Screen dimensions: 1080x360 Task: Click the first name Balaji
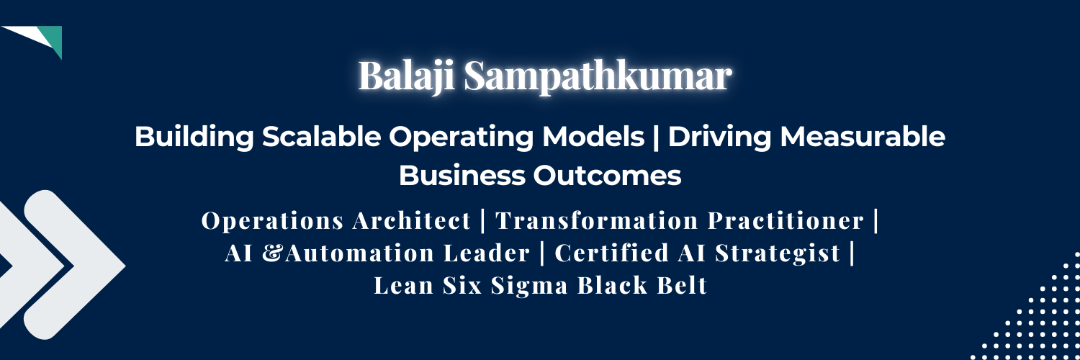(406, 76)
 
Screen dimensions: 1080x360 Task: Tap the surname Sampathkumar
(598, 76)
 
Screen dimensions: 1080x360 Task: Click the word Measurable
(862, 136)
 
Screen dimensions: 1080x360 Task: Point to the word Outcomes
(607, 176)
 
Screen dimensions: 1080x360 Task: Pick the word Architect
(411, 221)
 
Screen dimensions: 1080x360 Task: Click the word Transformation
(597, 221)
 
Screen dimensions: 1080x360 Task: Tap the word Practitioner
(786, 221)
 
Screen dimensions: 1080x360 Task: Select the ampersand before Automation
(273, 253)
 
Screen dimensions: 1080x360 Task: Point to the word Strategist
(778, 253)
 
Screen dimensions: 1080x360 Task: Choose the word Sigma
(529, 285)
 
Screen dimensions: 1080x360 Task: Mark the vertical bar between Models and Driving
(656, 137)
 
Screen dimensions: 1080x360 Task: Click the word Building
(194, 136)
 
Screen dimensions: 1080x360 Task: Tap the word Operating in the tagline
(462, 137)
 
